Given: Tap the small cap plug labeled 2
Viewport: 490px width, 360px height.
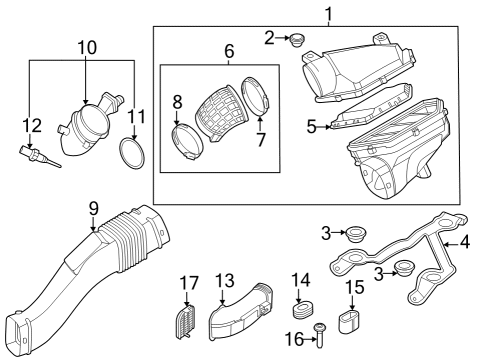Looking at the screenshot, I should pyautogui.click(x=296, y=41).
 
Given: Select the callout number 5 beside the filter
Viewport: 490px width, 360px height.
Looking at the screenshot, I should pyautogui.click(x=311, y=127).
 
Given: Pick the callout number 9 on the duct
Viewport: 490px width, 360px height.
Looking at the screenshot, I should pyautogui.click(x=93, y=208).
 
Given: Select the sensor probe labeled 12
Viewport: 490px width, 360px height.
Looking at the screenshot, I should pyautogui.click(x=36, y=155).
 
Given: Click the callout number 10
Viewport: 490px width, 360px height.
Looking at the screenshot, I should pyautogui.click(x=87, y=46).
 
